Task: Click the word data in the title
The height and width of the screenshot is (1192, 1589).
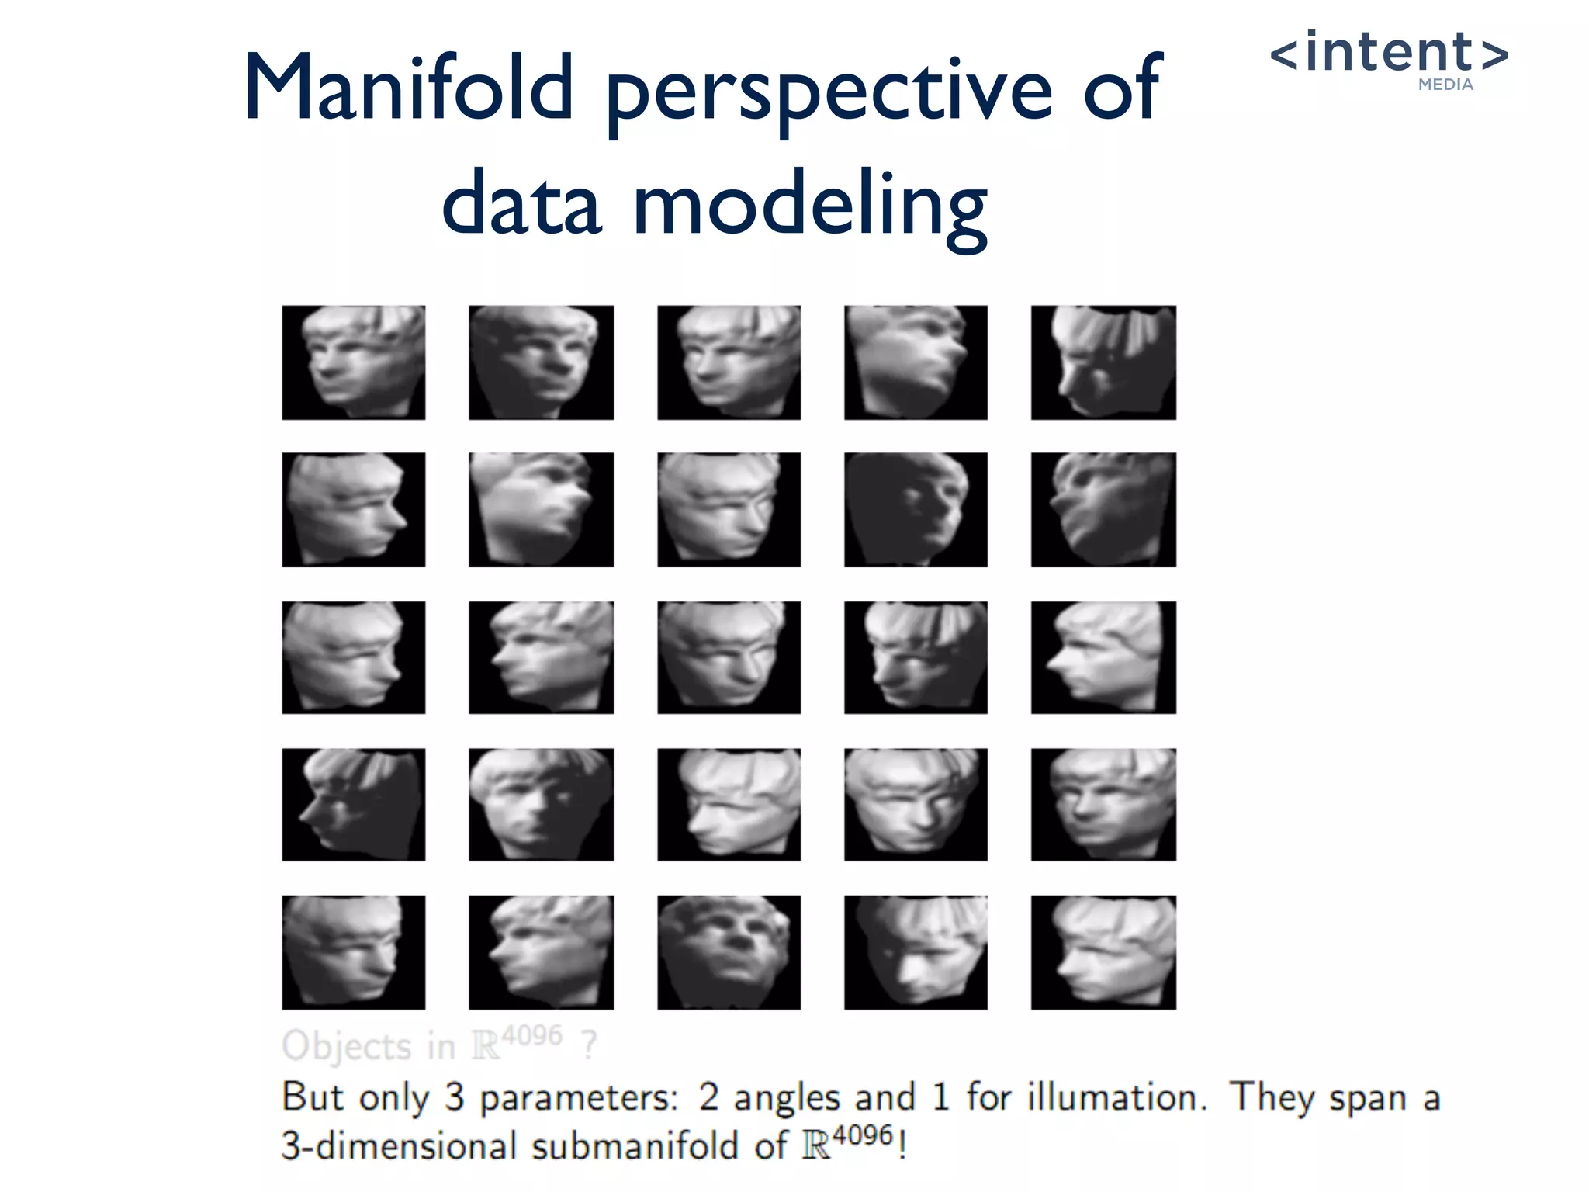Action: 521,203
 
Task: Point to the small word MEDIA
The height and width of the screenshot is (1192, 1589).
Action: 1445,85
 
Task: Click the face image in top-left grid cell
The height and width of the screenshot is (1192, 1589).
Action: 353,362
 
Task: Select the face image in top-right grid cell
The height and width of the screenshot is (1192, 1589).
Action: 1103,362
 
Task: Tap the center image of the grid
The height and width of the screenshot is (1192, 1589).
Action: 729,657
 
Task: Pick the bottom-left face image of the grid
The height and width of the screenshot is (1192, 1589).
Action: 353,952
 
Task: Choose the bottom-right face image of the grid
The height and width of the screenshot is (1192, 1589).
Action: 1103,952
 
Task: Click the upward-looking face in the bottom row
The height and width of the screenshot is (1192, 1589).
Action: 729,952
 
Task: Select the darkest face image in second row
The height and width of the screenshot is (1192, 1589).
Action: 916,510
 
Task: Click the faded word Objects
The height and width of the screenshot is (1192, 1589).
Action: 346,1046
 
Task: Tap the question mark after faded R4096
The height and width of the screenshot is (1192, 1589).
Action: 590,1045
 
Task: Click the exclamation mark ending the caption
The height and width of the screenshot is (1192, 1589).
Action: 902,1145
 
